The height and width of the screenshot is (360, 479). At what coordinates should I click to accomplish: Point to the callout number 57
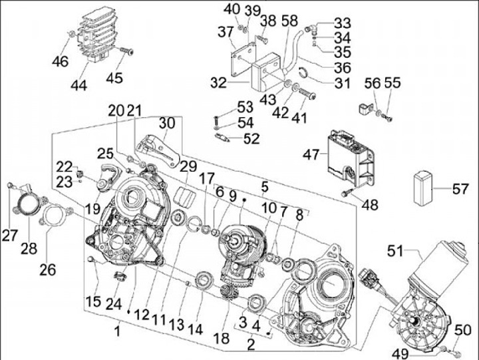point(460,189)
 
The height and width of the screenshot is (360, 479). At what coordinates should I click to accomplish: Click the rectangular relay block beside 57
point(423,186)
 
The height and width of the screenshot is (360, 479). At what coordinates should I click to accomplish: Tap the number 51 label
point(396,252)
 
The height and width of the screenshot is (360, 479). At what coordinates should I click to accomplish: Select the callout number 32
point(218,83)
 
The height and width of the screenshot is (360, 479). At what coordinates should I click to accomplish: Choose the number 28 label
point(29,248)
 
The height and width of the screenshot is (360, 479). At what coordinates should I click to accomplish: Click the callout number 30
point(167,123)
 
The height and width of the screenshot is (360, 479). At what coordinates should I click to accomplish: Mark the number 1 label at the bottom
point(117,331)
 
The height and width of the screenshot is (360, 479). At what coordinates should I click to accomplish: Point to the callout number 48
point(370,205)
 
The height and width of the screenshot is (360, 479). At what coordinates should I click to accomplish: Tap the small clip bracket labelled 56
point(365,108)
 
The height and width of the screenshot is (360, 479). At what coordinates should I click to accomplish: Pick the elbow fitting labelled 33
point(311,29)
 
